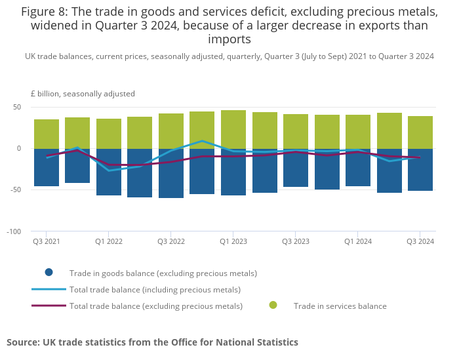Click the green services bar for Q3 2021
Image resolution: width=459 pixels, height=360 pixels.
pos(47,134)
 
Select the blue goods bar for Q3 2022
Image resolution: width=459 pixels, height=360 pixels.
pos(171,174)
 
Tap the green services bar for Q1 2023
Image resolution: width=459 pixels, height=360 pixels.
pos(233,129)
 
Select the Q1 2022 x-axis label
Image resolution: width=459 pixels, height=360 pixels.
pos(109,241)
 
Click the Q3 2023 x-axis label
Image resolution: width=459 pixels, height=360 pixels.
pos(296,241)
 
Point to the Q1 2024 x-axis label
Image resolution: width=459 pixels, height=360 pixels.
pos(358,241)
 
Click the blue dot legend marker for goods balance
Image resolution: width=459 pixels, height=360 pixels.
pos(49,273)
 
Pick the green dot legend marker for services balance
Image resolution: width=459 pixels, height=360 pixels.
pos(273,305)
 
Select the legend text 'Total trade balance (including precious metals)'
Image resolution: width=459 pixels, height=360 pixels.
pos(155,289)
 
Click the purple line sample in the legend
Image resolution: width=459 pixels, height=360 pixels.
pos(49,306)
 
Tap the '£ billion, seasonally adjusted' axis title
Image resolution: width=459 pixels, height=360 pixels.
pos(83,94)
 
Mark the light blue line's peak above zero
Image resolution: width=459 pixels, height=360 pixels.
pos(203,140)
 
